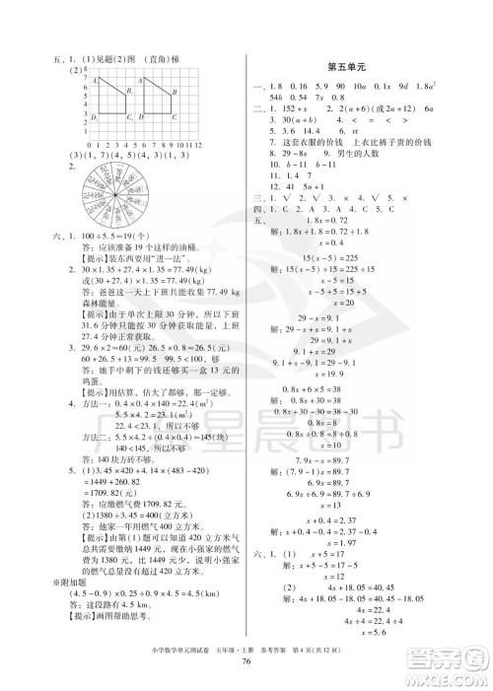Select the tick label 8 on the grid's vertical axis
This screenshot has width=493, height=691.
[85, 72]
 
